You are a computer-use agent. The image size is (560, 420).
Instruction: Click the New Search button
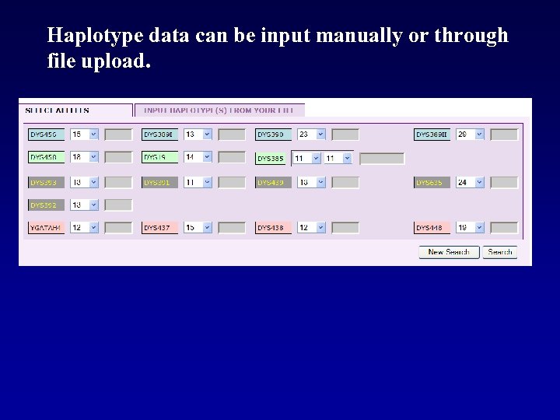click(x=449, y=252)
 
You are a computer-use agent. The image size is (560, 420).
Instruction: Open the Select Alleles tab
click(x=58, y=110)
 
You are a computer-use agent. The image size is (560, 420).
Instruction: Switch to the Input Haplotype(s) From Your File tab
click(x=219, y=110)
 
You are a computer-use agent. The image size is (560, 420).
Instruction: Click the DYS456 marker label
click(x=47, y=135)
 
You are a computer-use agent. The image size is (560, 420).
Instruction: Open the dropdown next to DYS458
click(x=85, y=158)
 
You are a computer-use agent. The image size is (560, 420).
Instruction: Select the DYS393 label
click(x=47, y=183)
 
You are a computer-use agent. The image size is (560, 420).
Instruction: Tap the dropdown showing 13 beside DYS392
click(x=85, y=205)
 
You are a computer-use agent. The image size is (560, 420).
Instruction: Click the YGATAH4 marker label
click(x=47, y=228)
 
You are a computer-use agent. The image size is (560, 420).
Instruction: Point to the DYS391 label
click(x=160, y=183)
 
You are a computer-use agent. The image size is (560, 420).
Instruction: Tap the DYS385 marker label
click(x=272, y=159)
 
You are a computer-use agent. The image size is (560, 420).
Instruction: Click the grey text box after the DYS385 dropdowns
click(x=382, y=159)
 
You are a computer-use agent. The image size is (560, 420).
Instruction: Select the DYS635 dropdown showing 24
click(x=470, y=183)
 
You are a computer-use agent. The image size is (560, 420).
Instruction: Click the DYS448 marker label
click(x=432, y=228)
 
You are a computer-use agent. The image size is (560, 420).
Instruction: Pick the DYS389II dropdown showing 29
click(x=470, y=135)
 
